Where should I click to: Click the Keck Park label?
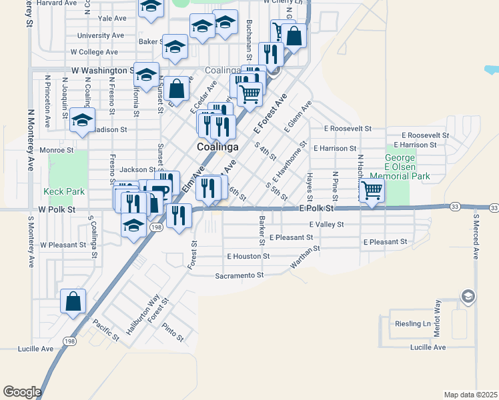pyautogui.click(x=64, y=191)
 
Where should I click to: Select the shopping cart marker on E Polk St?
pyautogui.click(x=372, y=191)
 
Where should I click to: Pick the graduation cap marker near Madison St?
pyautogui.click(x=82, y=121)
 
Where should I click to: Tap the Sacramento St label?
pyautogui.click(x=239, y=275)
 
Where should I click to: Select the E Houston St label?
pyautogui.click(x=248, y=256)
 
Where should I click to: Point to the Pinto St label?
pyautogui.click(x=172, y=333)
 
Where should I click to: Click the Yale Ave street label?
pyautogui.click(x=111, y=18)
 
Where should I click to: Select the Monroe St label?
pyautogui.click(x=56, y=151)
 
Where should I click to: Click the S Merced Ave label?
pyautogui.click(x=476, y=236)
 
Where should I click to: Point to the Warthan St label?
pyautogui.click(x=305, y=257)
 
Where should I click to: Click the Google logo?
pyautogui.click(x=22, y=392)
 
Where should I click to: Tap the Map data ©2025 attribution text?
pyautogui.click(x=470, y=395)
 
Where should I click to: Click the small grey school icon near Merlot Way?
pyautogui.click(x=468, y=295)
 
